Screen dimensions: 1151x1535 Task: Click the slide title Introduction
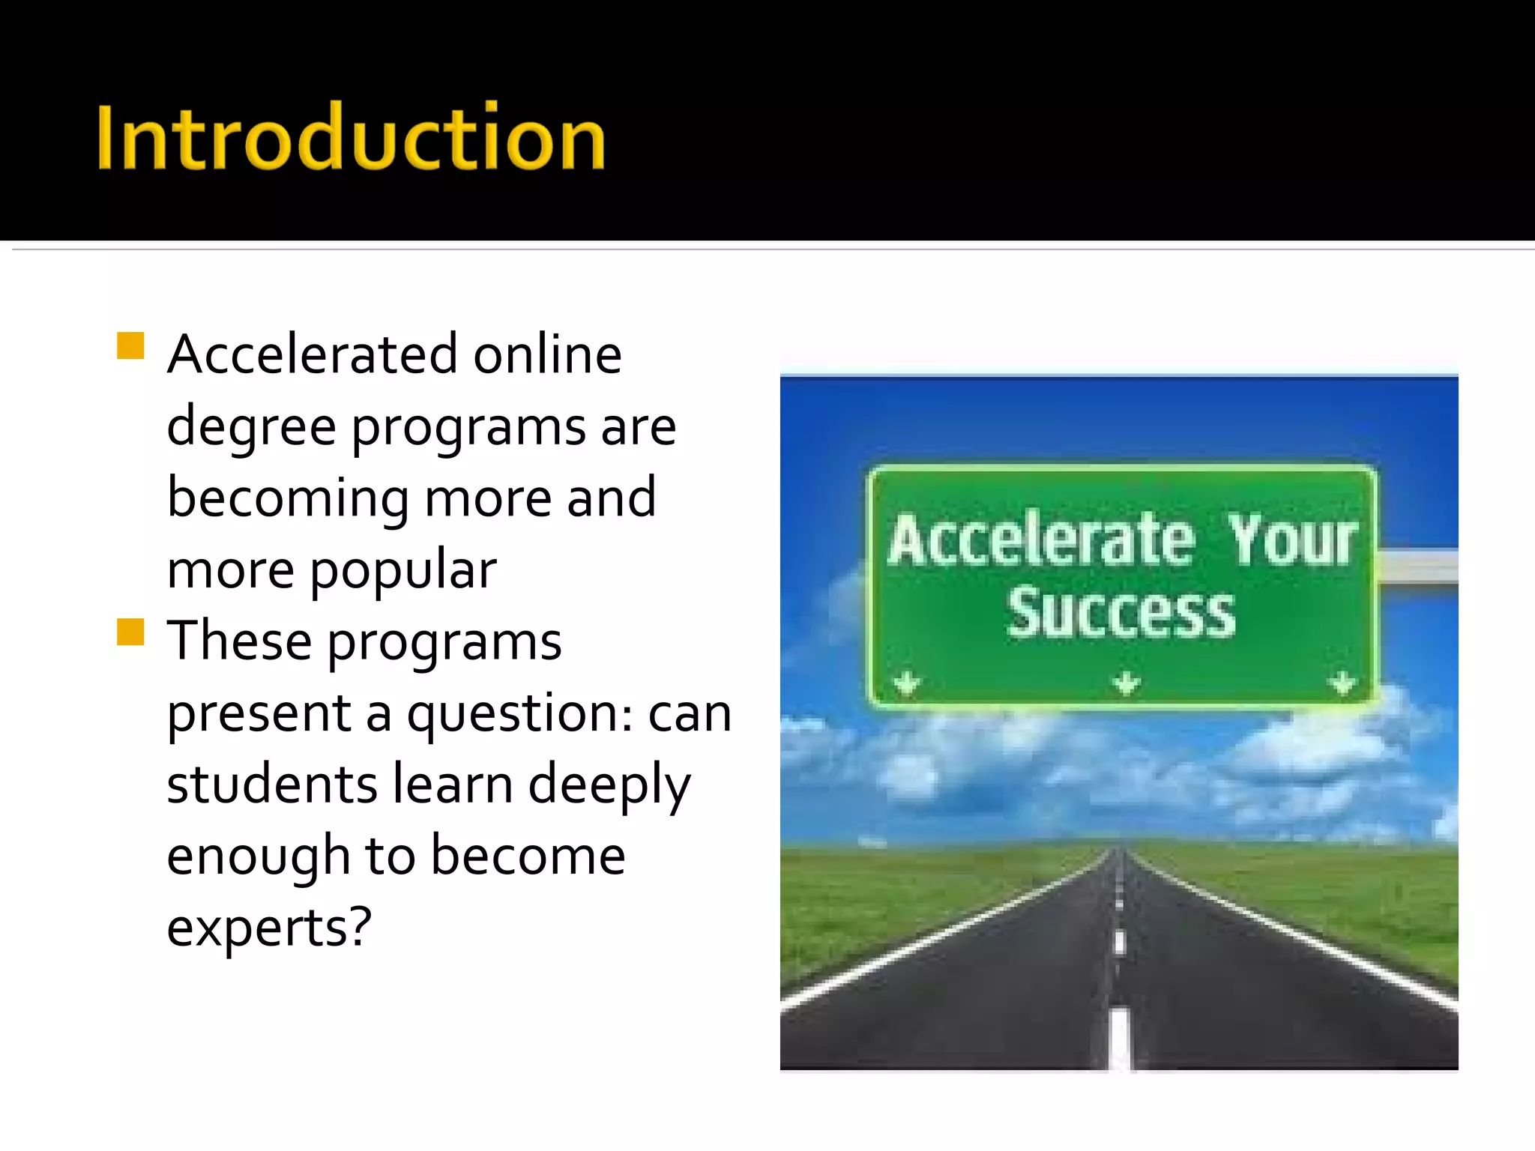351,138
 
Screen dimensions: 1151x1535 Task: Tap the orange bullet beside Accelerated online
130,346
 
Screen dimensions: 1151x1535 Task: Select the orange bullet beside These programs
130,632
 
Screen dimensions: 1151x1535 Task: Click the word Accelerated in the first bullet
312,354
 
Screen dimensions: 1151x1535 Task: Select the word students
271,784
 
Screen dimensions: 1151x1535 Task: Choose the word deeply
609,785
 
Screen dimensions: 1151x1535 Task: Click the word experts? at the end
269,928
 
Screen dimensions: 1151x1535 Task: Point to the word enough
258,857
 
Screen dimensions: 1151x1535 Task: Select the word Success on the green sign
1121,613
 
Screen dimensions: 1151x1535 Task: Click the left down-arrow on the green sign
907,683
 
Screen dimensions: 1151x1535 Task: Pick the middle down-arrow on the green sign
1126,683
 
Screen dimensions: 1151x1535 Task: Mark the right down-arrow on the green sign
1342,683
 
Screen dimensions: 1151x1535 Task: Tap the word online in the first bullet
547,354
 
